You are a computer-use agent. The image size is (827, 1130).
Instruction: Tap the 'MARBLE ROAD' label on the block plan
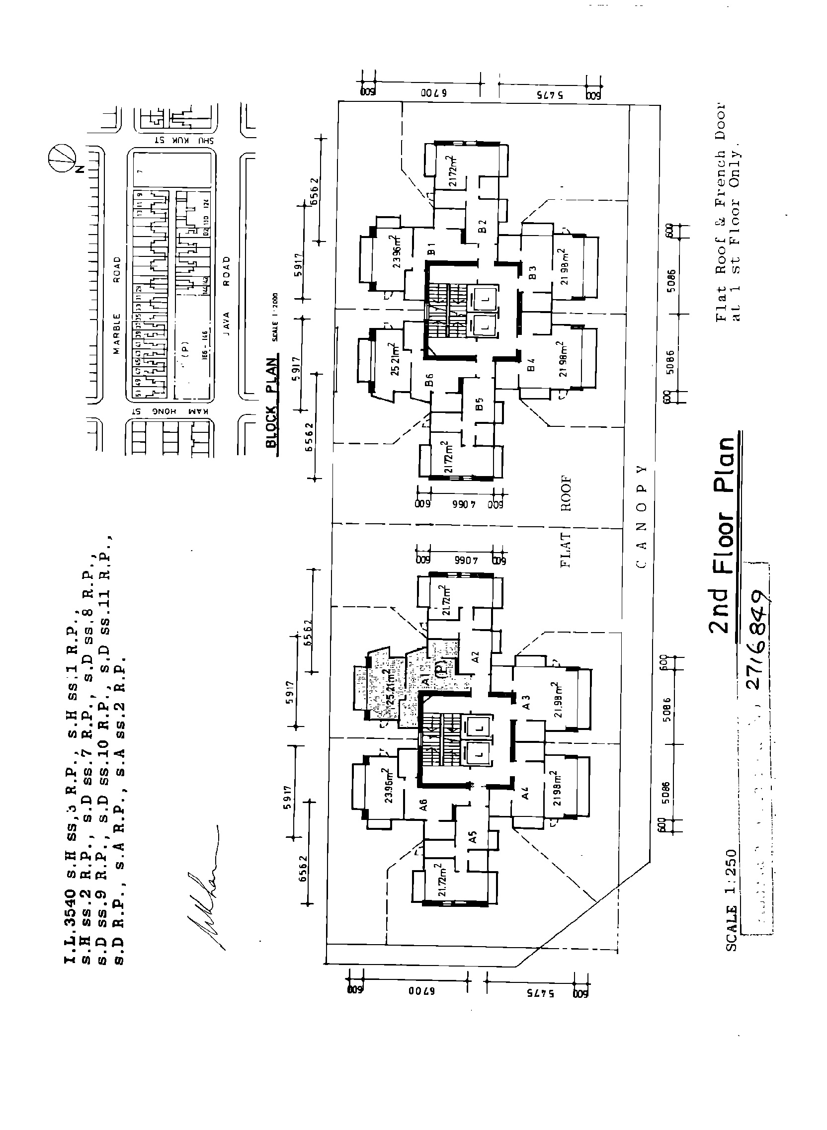[x=117, y=305]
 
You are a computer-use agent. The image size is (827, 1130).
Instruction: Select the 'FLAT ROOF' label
[x=566, y=520]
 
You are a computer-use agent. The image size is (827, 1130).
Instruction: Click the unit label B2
[x=482, y=226]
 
